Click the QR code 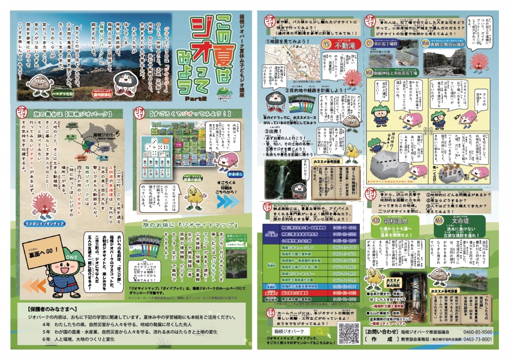pos(349,333)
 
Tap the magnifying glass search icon pos(320,331)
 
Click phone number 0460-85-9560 pos(478,332)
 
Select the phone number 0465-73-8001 pos(478,339)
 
